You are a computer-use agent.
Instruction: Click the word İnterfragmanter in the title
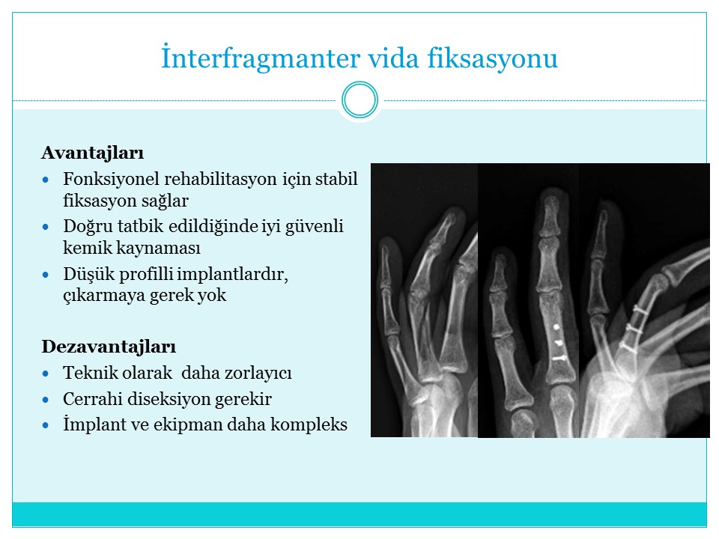pos(261,58)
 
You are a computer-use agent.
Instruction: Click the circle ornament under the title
pos(360,100)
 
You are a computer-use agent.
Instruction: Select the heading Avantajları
pos(93,153)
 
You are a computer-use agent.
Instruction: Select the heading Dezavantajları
pos(109,347)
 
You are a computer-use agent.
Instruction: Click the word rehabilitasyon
pos(220,179)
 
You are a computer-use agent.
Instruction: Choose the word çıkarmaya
pos(104,296)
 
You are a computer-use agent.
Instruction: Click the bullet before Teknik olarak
pos(46,374)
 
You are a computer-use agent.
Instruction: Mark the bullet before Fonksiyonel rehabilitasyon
pos(46,180)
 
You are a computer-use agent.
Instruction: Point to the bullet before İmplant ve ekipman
pos(46,425)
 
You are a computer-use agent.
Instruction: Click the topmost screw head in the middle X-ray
pos(556,327)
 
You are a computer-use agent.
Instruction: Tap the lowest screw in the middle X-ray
pos(559,358)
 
